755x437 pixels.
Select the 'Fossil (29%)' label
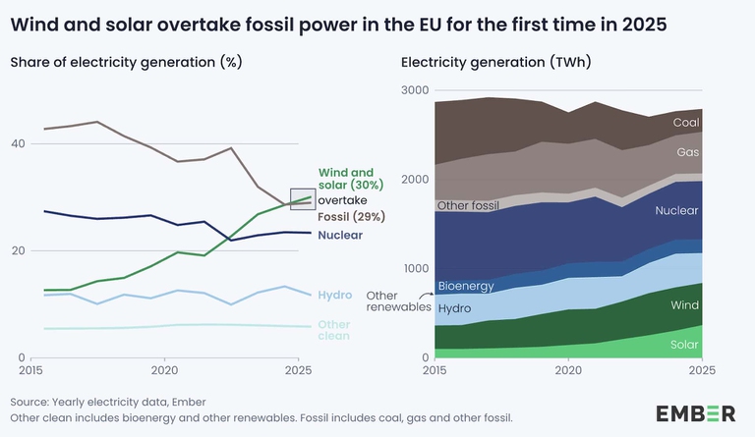pos(351,216)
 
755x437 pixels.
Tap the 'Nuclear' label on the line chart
pos(340,236)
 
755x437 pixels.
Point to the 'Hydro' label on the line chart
pos(336,294)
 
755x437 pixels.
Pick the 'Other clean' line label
pos(334,330)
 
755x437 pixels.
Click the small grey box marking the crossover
pos(302,197)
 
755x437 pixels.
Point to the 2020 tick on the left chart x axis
pos(164,371)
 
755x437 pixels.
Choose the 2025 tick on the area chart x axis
pos(701,371)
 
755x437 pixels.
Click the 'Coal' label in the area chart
pos(686,123)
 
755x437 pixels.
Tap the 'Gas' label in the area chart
pos(688,153)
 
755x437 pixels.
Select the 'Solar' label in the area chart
pos(684,345)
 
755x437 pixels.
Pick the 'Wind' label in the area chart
pos(685,306)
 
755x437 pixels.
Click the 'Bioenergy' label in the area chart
pos(466,286)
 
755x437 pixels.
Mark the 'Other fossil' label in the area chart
pos(468,206)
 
